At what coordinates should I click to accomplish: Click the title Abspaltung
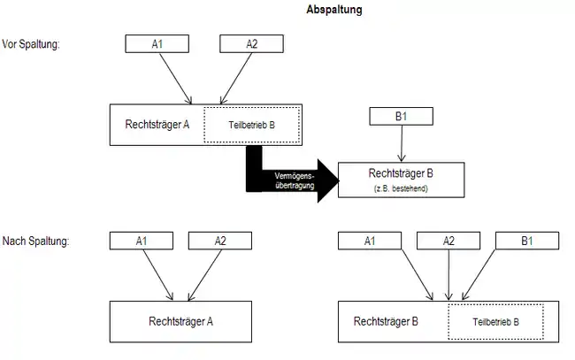coord(334,10)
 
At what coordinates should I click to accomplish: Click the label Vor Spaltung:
coord(31,44)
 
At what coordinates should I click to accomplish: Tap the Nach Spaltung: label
coord(35,241)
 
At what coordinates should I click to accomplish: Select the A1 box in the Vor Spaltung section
coord(157,44)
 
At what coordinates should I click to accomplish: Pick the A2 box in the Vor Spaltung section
coord(251,44)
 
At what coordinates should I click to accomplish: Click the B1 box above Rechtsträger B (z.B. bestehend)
coord(402,116)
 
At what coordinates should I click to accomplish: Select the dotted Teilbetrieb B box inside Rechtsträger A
coord(252,125)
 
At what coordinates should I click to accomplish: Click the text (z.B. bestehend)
coord(401,188)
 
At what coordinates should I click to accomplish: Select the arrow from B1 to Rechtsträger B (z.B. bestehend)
coord(402,143)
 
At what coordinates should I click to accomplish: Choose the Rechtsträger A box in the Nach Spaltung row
coord(180,322)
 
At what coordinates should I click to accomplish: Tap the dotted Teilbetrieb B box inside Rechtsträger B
coord(495,322)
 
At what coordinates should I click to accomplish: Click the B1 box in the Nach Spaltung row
coord(527,241)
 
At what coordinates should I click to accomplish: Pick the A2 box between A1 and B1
coord(448,241)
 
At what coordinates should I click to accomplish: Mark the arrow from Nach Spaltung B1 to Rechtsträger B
coord(479,275)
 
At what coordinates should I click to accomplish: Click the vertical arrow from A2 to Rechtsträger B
coord(448,275)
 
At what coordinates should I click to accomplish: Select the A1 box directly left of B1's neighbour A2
coord(370,241)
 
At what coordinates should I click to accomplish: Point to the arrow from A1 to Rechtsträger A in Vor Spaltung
coord(176,79)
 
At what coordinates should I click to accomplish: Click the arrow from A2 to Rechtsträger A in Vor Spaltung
coord(236,79)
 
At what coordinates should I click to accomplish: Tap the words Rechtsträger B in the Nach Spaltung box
coord(386,321)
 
